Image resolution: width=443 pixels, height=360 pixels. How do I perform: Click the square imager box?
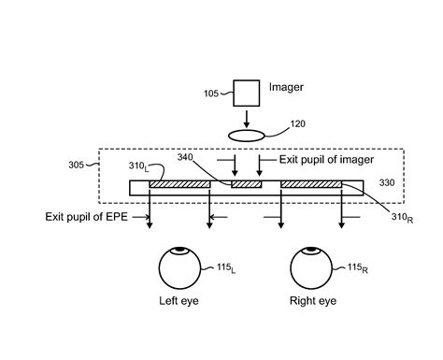(x=247, y=94)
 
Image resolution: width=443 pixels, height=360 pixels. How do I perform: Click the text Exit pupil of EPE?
(x=88, y=216)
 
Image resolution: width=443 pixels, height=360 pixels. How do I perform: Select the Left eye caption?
(x=178, y=303)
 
